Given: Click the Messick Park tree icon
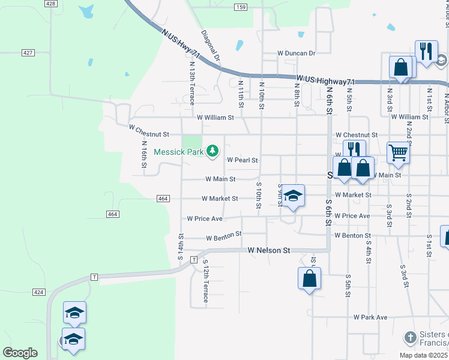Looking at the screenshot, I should click(212, 151).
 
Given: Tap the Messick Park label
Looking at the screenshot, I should click(179, 152).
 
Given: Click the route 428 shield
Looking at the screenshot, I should click(50, 4).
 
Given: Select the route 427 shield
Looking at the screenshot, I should click(28, 53).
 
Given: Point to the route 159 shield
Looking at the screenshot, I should click(241, 7).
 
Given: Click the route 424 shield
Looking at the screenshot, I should click(39, 292).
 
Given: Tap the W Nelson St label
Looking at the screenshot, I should click(269, 250).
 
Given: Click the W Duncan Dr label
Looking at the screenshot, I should click(296, 53).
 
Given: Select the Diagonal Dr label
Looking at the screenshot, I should click(211, 46).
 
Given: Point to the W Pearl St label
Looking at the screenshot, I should click(242, 160).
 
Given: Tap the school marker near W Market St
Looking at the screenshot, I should click(293, 196).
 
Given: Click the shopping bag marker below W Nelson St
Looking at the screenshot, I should click(309, 278).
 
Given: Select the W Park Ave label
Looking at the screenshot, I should click(370, 317).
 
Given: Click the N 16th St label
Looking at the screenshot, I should click(144, 155).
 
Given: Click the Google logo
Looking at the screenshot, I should click(20, 353).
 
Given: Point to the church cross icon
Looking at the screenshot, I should click(410, 337).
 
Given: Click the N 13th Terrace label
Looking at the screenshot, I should click(192, 83).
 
